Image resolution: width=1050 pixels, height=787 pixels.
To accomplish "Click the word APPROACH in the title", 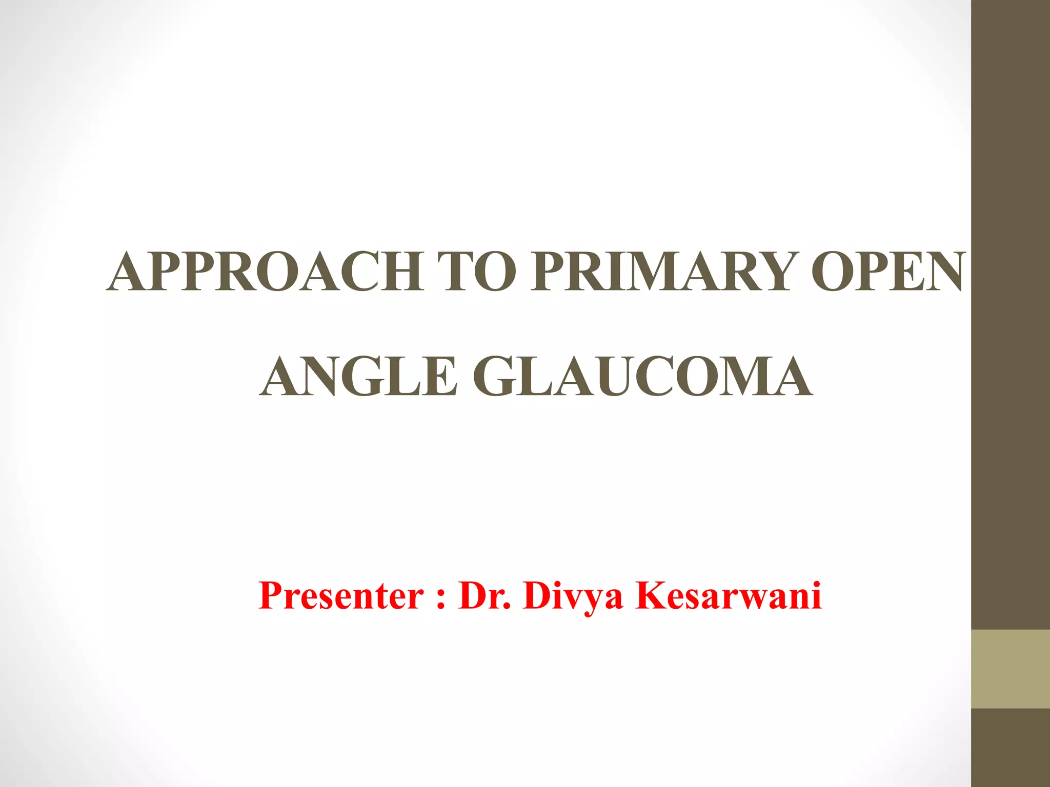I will pyautogui.click(x=265, y=272).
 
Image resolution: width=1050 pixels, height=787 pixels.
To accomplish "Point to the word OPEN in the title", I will pyautogui.click(x=887, y=272).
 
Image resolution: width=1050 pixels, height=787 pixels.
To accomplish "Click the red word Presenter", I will pyautogui.click(x=341, y=596).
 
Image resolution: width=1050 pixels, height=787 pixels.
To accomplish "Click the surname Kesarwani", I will pyautogui.click(x=728, y=596).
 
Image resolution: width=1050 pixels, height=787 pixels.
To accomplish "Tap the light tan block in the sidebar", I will pyautogui.click(x=1011, y=669).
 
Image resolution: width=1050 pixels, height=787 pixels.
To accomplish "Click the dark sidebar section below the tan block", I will pyautogui.click(x=1011, y=748).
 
